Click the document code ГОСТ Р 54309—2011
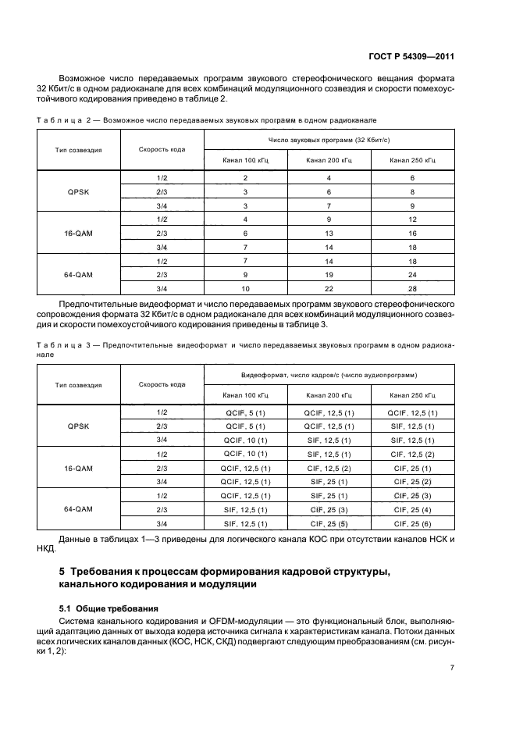(x=412, y=56)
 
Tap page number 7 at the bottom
(x=453, y=668)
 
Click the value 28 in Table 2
(x=413, y=289)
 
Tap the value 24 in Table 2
(x=413, y=275)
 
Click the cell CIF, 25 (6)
(x=413, y=523)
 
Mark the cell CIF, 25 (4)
(x=413, y=509)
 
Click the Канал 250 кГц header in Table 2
(x=413, y=160)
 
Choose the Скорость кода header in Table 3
(x=162, y=384)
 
